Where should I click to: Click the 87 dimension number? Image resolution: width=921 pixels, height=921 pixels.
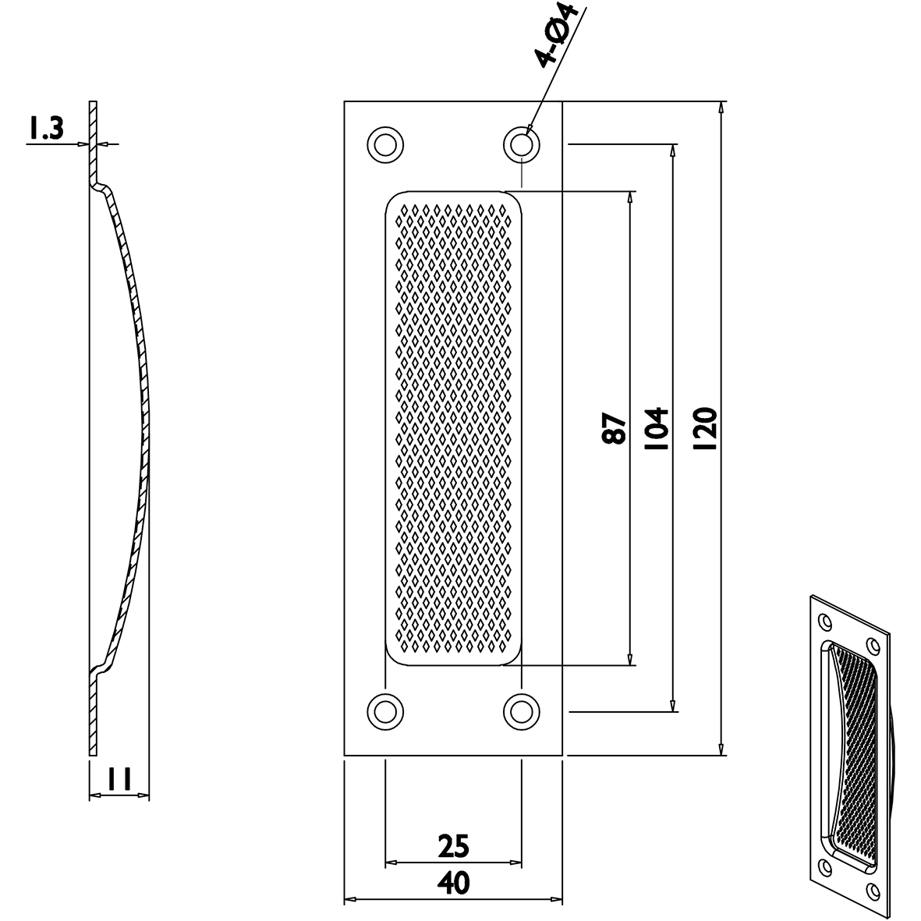click(615, 428)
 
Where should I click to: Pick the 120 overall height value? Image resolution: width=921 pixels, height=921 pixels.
click(705, 428)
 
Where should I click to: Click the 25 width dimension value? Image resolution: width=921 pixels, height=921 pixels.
click(453, 845)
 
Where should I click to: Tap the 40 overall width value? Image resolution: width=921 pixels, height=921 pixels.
click(453, 884)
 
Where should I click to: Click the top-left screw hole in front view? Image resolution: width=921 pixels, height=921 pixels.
click(384, 144)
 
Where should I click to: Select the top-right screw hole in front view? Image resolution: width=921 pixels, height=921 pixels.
click(522, 144)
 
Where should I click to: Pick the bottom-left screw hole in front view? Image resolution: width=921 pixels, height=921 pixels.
click(384, 710)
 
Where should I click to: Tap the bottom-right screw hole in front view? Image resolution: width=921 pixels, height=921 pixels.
click(522, 710)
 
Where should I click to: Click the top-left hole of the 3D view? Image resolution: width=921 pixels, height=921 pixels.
click(823, 621)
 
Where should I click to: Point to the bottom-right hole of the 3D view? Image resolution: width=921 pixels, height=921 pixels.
click(874, 888)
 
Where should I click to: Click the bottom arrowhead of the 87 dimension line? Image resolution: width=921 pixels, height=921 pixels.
click(631, 660)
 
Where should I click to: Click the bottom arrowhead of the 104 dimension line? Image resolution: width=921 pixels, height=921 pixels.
click(672, 705)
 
